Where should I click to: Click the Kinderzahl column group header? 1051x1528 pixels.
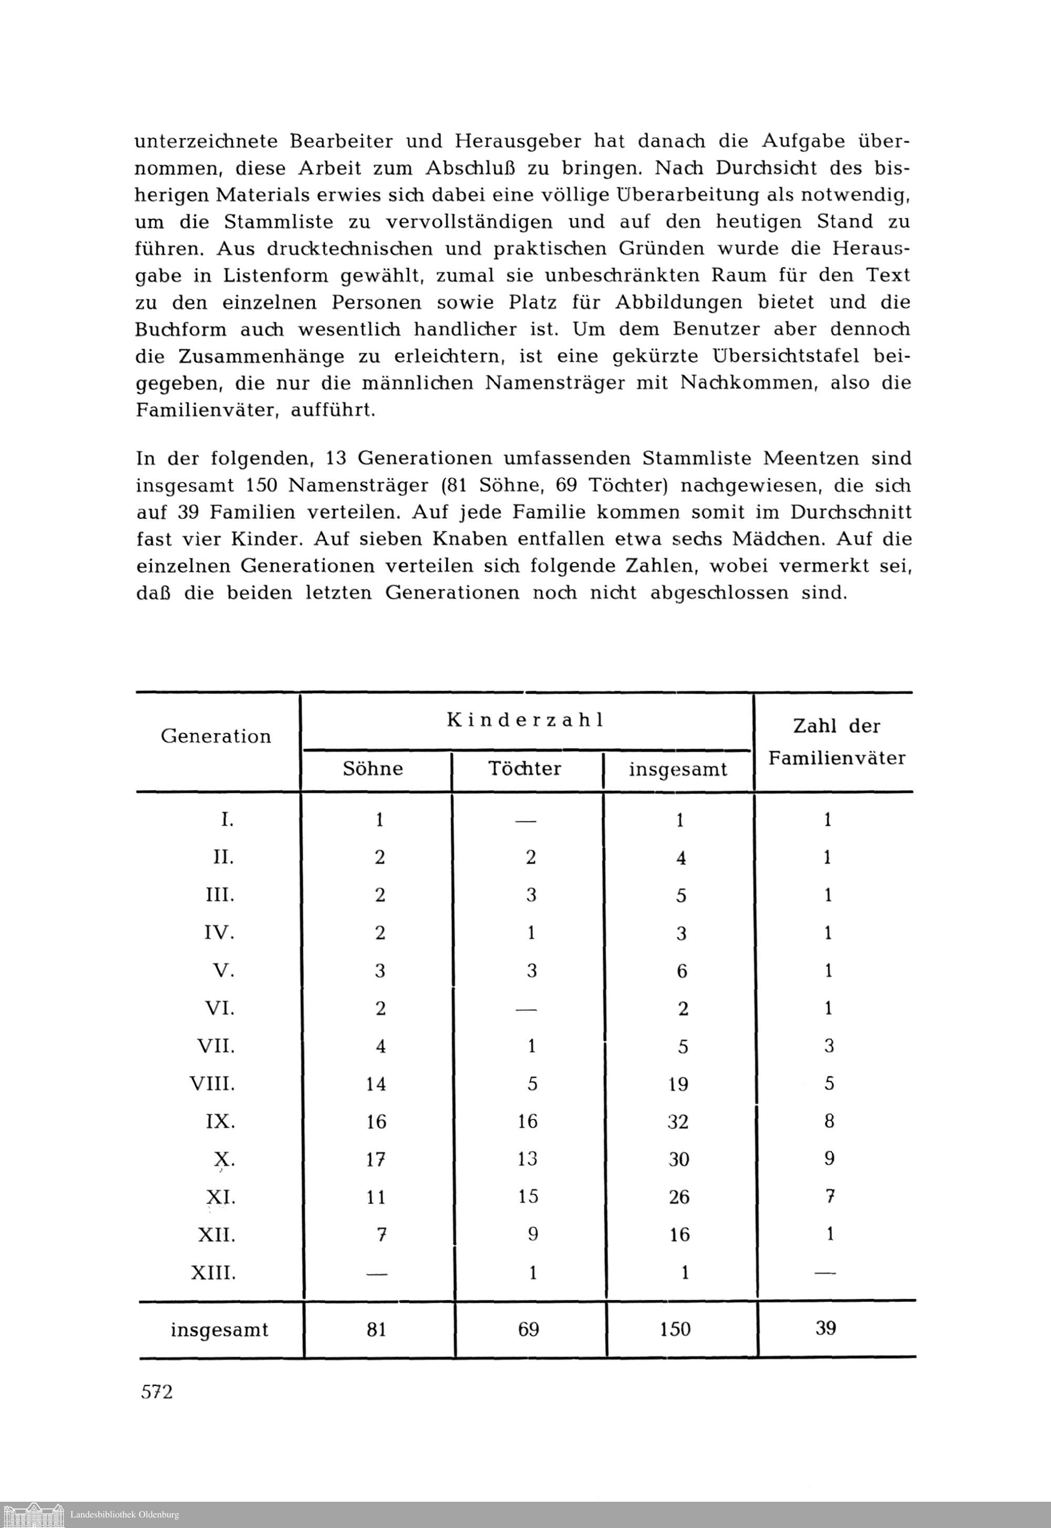tap(525, 720)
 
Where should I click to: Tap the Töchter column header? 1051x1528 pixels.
tap(525, 768)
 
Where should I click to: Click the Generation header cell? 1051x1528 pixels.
tap(216, 736)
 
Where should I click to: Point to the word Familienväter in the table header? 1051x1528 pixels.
tap(837, 758)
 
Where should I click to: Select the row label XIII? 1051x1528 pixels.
tap(213, 1273)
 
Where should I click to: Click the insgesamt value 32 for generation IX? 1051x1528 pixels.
tap(678, 1122)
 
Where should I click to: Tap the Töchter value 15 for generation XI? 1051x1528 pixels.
tap(528, 1197)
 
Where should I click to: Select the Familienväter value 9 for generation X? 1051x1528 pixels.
tap(829, 1158)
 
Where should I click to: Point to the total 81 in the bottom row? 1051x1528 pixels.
tap(376, 1330)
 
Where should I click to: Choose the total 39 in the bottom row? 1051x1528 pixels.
tap(826, 1328)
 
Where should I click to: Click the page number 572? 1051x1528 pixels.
tap(157, 1392)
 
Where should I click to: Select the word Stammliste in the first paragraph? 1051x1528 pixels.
tap(281, 222)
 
